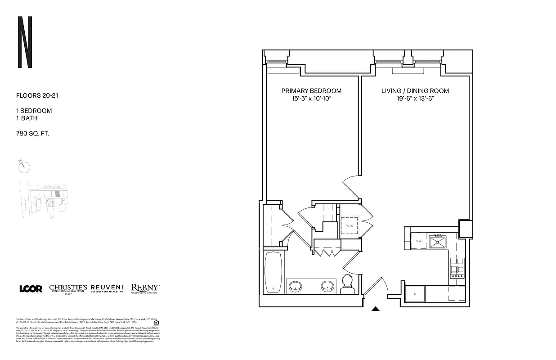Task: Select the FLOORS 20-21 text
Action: [37, 95]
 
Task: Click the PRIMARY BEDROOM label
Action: [311, 91]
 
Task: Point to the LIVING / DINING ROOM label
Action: [415, 91]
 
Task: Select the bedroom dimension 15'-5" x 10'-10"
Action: [311, 99]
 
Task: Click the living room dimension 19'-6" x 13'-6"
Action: [415, 99]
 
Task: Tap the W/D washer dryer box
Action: [349, 226]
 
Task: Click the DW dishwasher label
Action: [418, 241]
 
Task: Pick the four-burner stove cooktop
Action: [457, 266]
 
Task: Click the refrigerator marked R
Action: [414, 294]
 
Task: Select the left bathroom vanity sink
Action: [295, 286]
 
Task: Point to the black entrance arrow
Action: [376, 309]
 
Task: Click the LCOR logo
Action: [31, 289]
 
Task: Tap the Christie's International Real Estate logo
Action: [68, 289]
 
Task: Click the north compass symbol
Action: [24, 166]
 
